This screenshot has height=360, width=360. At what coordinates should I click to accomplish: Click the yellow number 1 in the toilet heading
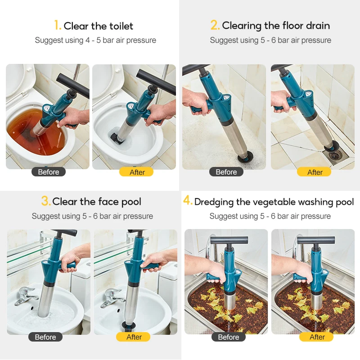point(57,25)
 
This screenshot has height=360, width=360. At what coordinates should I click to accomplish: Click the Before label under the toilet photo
point(49,172)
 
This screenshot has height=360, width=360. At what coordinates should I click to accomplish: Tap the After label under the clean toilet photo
point(136,172)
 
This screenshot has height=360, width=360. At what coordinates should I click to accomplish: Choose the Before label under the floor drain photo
point(226,172)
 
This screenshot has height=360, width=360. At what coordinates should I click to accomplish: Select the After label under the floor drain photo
point(314,172)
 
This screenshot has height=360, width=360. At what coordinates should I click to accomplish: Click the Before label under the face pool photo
point(45,337)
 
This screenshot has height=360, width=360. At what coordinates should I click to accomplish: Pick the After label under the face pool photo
point(133,337)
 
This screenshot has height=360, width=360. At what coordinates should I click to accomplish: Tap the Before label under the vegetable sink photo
point(229,337)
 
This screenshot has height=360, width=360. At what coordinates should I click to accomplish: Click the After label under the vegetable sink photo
point(316,337)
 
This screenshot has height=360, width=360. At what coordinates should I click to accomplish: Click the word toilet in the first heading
point(121,26)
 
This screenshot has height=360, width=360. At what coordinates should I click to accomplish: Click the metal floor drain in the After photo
point(335,156)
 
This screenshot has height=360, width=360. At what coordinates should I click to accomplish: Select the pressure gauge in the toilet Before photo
point(47,108)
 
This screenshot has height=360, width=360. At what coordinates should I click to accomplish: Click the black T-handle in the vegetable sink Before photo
point(229,241)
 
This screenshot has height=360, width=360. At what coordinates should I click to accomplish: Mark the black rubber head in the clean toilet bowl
point(116,137)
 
